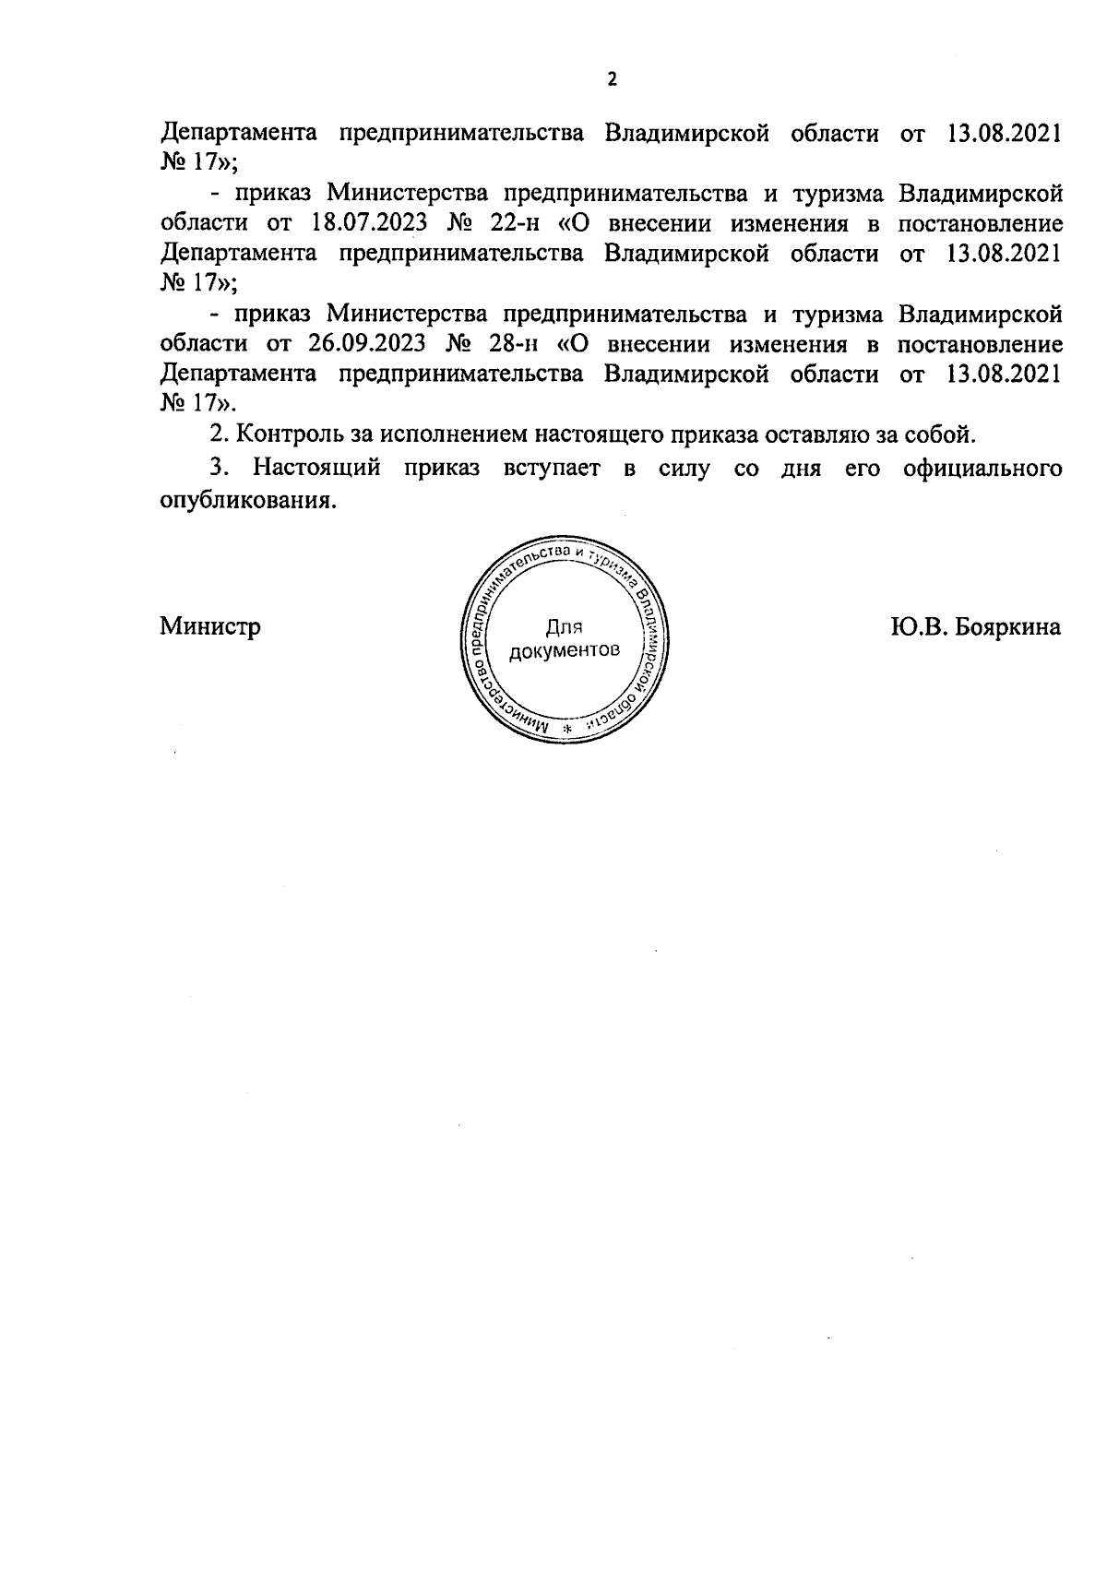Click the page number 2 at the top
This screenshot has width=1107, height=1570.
click(x=611, y=79)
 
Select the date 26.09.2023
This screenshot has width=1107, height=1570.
click(x=363, y=344)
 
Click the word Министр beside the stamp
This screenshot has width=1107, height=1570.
click(x=210, y=627)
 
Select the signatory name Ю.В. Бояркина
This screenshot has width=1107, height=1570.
click(x=976, y=627)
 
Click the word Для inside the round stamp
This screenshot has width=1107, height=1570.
click(x=564, y=628)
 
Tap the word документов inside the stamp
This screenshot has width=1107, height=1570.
click(x=564, y=650)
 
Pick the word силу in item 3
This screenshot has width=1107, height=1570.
click(x=684, y=468)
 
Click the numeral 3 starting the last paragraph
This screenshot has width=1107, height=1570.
click(x=218, y=468)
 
